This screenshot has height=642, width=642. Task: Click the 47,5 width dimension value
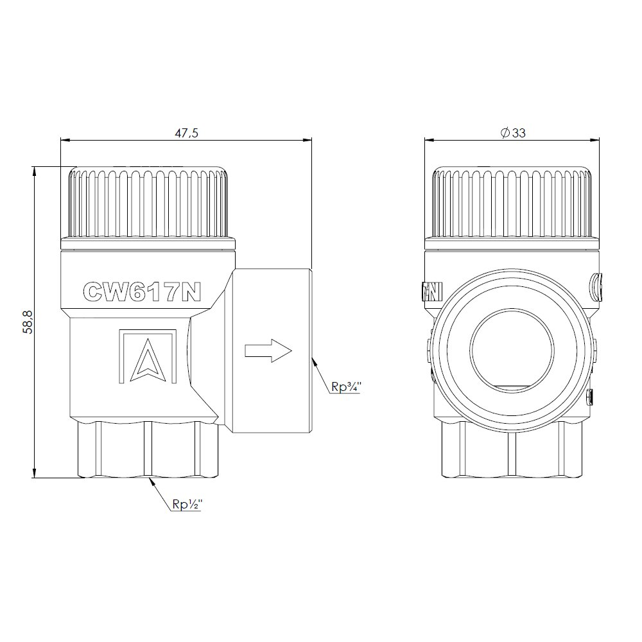click(186, 134)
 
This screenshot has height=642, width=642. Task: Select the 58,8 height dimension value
click(28, 322)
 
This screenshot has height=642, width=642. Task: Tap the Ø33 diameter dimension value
click(512, 133)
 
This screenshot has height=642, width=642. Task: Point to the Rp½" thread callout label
click(187, 505)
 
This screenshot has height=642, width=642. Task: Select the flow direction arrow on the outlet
click(268, 351)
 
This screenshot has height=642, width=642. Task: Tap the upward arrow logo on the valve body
click(148, 356)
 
